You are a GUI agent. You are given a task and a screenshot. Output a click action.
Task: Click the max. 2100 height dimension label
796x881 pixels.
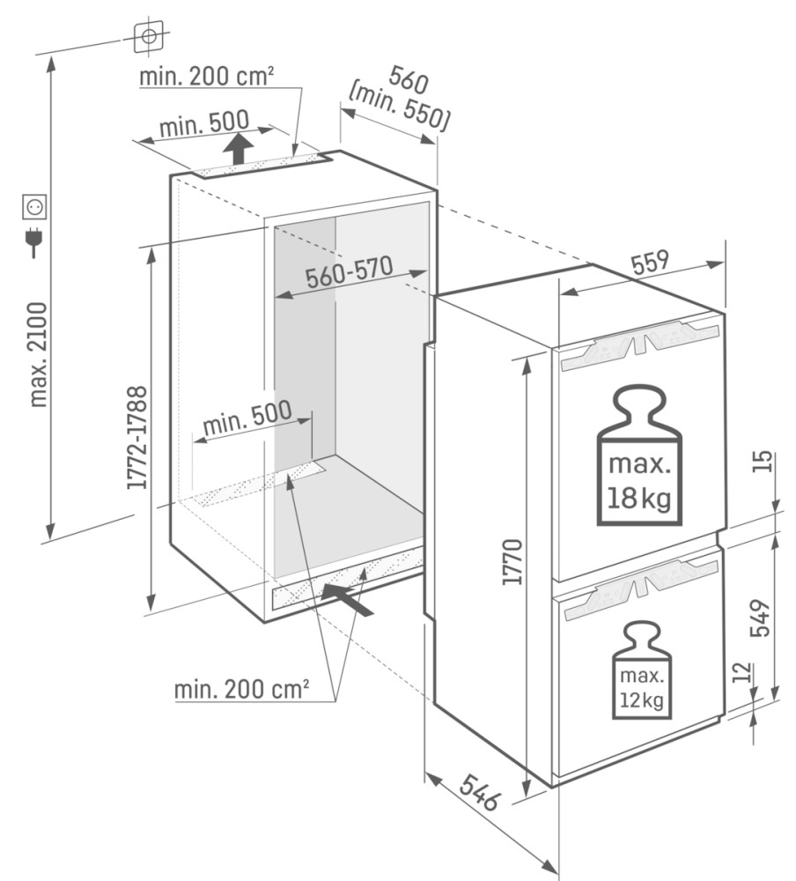[x=39, y=354]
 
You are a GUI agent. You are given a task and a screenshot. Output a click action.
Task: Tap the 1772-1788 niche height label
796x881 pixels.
[x=136, y=437]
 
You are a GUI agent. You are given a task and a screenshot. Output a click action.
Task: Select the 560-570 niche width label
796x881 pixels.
[x=349, y=271]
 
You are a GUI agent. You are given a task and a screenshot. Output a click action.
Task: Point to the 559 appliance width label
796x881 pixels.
[x=651, y=263]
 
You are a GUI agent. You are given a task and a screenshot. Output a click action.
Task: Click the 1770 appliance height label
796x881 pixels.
[x=512, y=562]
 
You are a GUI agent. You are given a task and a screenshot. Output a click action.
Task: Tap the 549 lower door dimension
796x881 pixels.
[x=759, y=618]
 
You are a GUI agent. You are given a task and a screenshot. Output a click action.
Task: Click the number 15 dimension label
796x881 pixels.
[x=762, y=462]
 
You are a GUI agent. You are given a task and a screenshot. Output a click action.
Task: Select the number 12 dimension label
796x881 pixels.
[x=742, y=672]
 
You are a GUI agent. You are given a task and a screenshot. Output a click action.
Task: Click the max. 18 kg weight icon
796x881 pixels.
[x=639, y=455]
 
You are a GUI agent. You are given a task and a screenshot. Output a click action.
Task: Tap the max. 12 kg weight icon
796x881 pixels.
[x=642, y=670]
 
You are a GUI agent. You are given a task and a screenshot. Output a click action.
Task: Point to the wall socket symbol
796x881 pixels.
[x=34, y=207]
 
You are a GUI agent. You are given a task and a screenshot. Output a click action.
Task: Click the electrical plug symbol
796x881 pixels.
[x=34, y=241]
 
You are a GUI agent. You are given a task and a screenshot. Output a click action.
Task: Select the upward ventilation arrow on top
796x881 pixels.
[x=238, y=148]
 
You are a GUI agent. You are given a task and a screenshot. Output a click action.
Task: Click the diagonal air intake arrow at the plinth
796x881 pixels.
[x=347, y=600]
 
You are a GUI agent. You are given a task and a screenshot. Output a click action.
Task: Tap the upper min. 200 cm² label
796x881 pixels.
[x=207, y=77]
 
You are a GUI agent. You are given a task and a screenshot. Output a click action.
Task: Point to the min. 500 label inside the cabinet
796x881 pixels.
[x=247, y=418]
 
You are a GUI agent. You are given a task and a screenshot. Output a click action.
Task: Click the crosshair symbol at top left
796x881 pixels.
[x=149, y=36]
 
